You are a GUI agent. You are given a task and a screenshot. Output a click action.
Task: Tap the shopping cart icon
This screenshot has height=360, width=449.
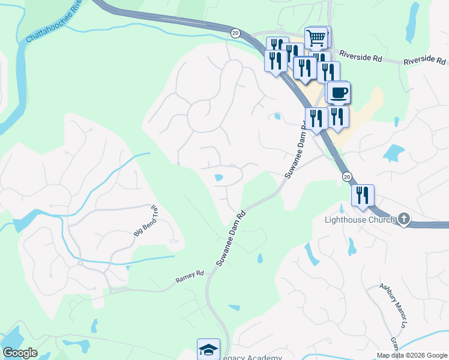(316, 38)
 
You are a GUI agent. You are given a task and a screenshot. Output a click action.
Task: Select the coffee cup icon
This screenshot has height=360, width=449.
(339, 93)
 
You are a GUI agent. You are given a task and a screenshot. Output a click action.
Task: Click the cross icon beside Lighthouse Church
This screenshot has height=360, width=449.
(404, 219)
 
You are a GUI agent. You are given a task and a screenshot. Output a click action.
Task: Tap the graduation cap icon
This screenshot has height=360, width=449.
(208, 349)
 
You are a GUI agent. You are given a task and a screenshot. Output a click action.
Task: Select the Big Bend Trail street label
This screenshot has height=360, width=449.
(146, 221)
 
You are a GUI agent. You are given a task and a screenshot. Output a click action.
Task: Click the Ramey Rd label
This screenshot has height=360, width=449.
(190, 277)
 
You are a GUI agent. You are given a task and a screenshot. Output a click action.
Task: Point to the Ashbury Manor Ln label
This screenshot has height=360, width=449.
(393, 305)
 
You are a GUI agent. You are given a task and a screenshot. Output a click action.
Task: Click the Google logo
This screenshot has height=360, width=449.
(20, 353)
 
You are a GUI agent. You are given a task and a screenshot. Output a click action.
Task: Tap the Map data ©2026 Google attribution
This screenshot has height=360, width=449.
(412, 355)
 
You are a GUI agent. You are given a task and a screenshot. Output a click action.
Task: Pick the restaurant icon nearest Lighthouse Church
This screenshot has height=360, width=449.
(363, 196)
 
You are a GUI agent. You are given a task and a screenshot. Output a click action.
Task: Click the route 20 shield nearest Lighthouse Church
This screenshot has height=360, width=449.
(346, 176)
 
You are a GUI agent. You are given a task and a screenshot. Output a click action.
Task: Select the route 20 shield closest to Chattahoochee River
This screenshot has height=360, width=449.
(235, 33)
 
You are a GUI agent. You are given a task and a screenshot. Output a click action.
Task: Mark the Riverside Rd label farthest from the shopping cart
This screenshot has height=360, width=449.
(424, 61)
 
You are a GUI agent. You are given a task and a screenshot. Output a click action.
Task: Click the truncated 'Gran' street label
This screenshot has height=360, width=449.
(394, 344)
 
